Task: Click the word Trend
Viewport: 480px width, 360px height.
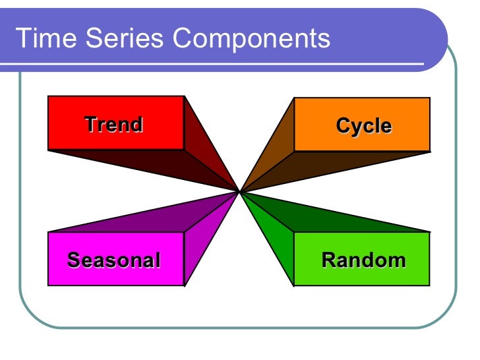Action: pyautogui.click(x=113, y=125)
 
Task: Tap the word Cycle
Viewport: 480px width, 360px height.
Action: pyautogui.click(x=363, y=126)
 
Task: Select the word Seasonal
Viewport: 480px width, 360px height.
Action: pyautogui.click(x=113, y=260)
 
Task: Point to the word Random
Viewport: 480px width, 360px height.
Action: pyautogui.click(x=363, y=260)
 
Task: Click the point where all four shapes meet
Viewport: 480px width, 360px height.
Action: pyautogui.click(x=239, y=191)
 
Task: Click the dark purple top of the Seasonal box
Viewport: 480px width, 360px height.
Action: pyautogui.click(x=165, y=218)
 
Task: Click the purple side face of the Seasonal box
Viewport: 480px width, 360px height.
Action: pyautogui.click(x=201, y=244)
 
